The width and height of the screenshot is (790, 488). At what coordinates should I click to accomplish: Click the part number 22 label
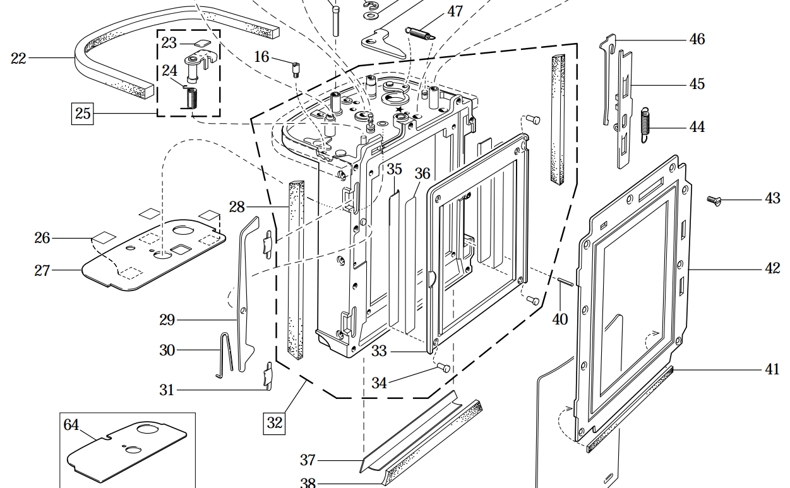coord(18,59)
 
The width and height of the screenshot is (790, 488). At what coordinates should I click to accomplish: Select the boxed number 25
coord(83,114)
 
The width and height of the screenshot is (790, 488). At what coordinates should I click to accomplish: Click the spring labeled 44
coord(644,126)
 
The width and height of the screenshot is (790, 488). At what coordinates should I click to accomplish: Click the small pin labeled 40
coord(565,282)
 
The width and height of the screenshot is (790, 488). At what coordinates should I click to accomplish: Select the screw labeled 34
coord(443,367)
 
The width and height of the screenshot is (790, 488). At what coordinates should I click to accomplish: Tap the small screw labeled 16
coord(294,68)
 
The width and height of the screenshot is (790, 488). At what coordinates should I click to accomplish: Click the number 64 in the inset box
coord(71,426)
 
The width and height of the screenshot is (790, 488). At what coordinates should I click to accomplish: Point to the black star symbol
coord(399,109)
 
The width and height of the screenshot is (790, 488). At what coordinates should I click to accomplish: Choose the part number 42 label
coord(772,269)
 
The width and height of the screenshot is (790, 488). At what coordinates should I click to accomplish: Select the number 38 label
coord(308,484)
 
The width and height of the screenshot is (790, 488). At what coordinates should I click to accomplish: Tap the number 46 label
coord(697,39)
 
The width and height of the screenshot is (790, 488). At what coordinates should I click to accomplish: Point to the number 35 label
coord(395,169)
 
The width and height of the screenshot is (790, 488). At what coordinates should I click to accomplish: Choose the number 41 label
coord(772,370)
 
